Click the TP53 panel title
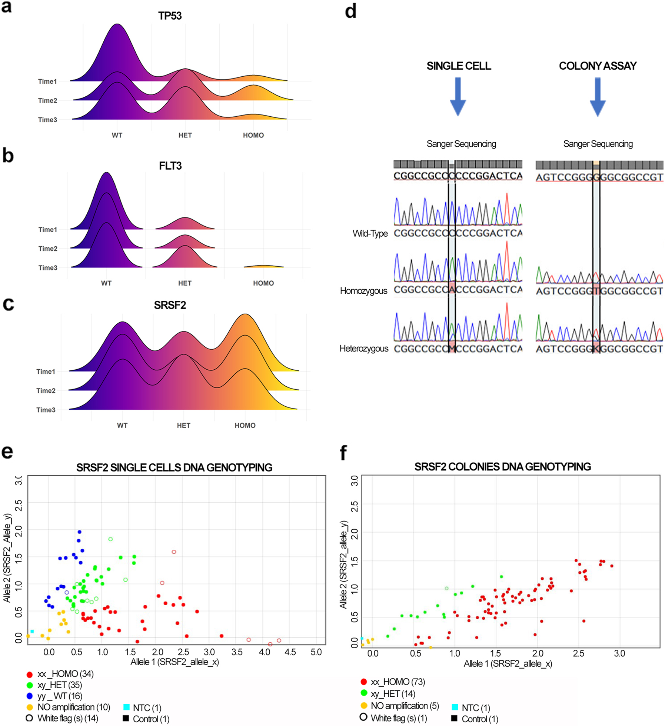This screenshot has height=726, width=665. coord(170,16)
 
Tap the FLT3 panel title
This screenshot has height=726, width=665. coord(170,166)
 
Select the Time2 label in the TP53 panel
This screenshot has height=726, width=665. coord(47,101)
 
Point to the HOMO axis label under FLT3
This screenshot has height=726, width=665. coord(263,283)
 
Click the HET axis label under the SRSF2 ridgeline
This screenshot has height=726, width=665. coord(183,426)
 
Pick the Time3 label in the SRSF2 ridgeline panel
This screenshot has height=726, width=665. coord(46,410)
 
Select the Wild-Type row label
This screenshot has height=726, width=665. coord(370,234)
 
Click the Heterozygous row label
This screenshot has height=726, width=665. coord(363,349)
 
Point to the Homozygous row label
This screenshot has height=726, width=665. coord(363,291)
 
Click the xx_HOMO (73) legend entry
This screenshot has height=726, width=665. coord(398,682)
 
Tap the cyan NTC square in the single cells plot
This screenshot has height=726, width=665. coord(32,631)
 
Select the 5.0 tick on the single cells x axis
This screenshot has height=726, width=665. coord(316,652)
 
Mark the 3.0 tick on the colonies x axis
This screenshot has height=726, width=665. coord(619,653)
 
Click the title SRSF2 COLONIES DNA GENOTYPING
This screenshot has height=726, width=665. coord(502,467)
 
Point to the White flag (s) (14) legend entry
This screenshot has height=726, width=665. coord(67,718)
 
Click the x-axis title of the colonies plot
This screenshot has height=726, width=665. coord(508,664)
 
